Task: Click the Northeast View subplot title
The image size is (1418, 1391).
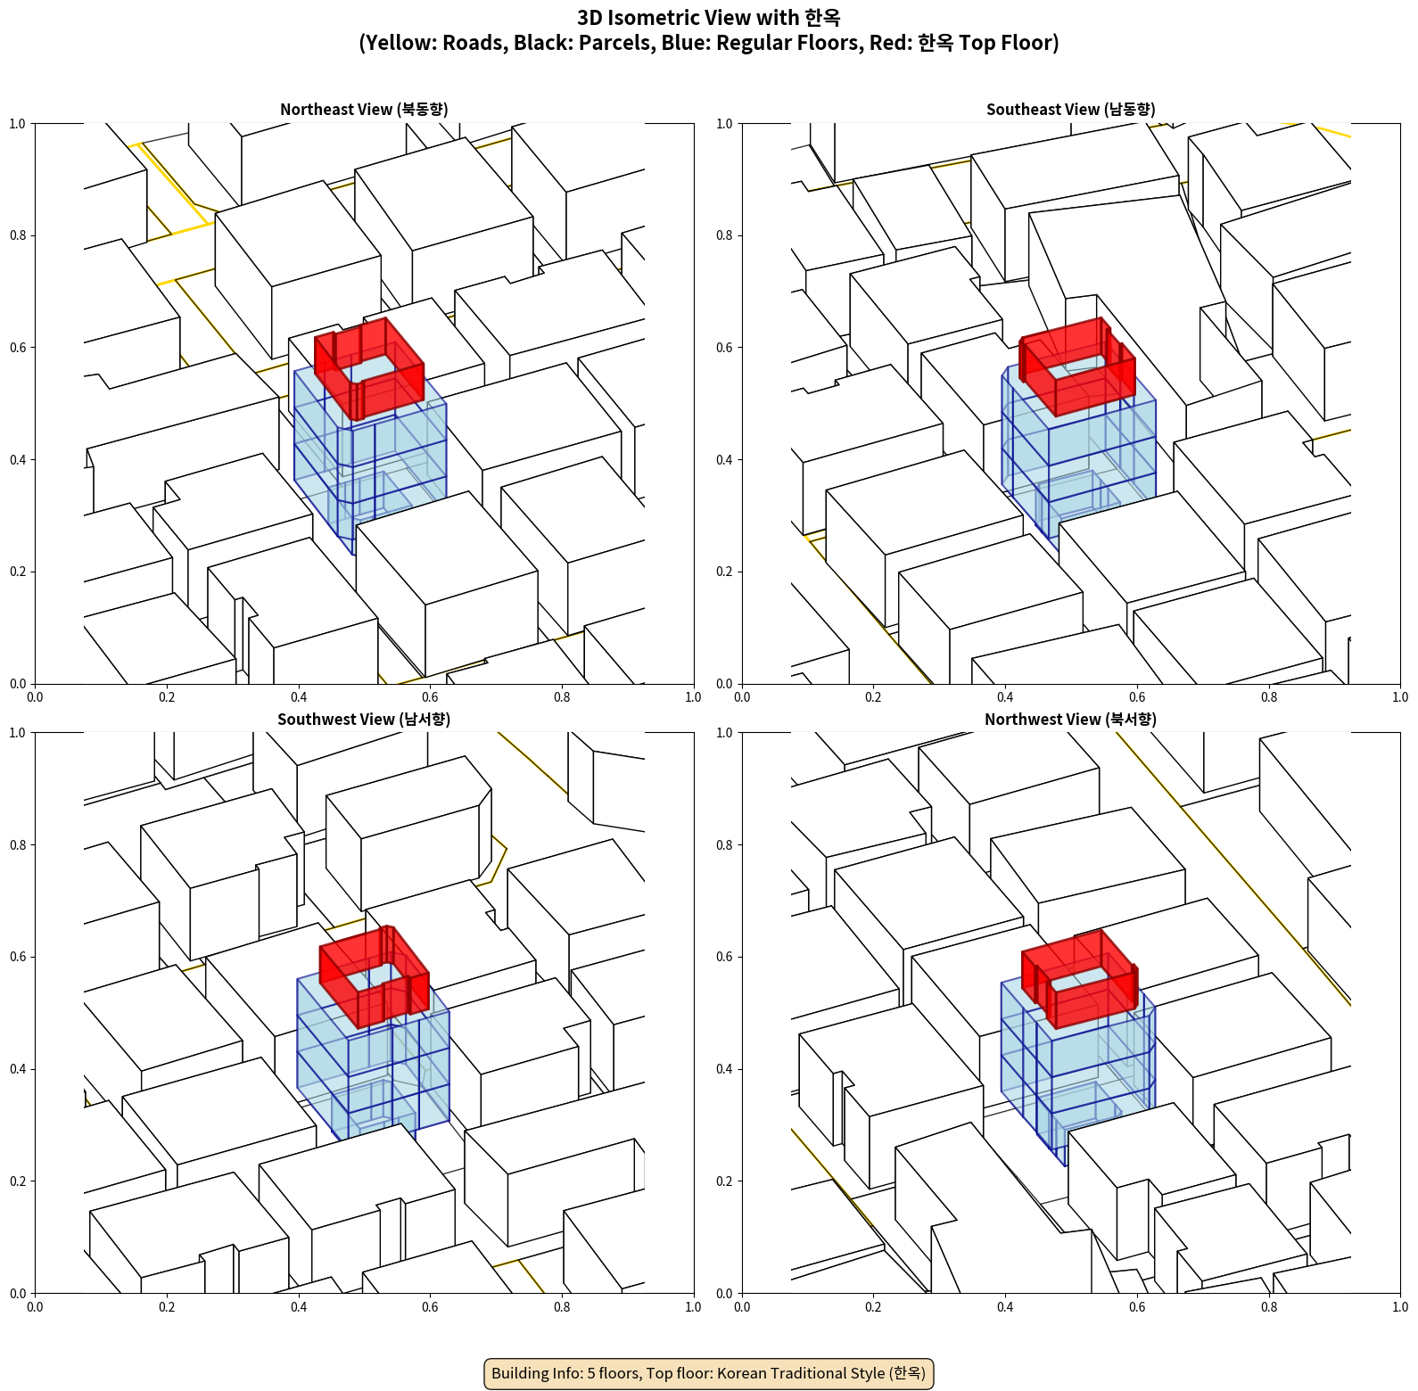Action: click(x=364, y=110)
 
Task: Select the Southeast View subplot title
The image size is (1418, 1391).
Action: click(x=1070, y=110)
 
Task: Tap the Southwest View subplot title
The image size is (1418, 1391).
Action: click(x=364, y=720)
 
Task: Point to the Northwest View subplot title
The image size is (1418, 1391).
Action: click(x=1070, y=720)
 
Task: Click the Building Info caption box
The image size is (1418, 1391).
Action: click(x=709, y=1373)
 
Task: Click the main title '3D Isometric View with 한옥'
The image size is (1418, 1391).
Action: click(x=709, y=18)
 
